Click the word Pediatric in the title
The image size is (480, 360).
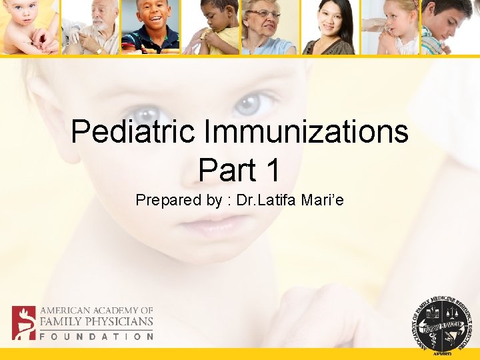click(133, 132)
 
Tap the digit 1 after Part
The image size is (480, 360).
click(271, 171)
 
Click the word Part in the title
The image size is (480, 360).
click(225, 171)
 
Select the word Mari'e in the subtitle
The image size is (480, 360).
click(321, 199)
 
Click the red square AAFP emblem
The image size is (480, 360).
click(23, 323)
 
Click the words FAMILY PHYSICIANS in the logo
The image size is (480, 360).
click(96, 322)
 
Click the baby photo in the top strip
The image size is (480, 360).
click(29, 27)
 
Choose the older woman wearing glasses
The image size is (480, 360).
click(269, 27)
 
